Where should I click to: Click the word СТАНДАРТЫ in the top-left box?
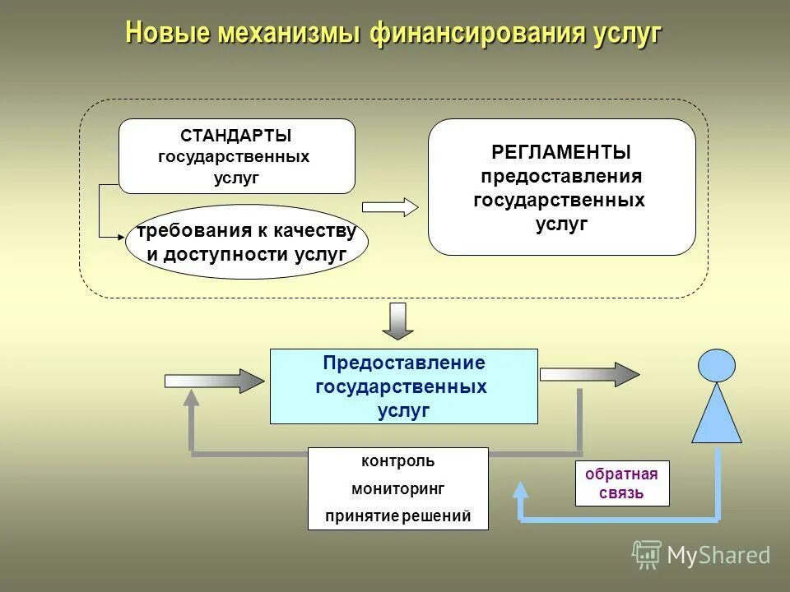(x=236, y=136)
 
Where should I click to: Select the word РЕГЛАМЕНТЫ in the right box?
(x=561, y=152)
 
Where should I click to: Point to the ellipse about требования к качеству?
(x=247, y=242)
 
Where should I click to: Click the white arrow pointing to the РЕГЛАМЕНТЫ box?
(x=390, y=207)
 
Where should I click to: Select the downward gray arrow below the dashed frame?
(x=398, y=321)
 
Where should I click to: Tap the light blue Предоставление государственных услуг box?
(x=403, y=386)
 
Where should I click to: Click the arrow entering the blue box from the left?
(x=214, y=380)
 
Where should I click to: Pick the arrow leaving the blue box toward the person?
(x=589, y=374)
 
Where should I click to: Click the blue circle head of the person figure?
(x=717, y=365)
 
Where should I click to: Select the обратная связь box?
(x=621, y=483)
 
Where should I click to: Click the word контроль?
(x=398, y=461)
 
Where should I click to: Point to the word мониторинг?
(x=398, y=488)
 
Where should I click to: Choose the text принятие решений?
(x=398, y=516)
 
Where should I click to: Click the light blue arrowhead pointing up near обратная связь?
(x=520, y=490)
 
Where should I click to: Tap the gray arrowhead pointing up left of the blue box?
(x=191, y=399)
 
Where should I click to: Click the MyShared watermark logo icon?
(x=647, y=555)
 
